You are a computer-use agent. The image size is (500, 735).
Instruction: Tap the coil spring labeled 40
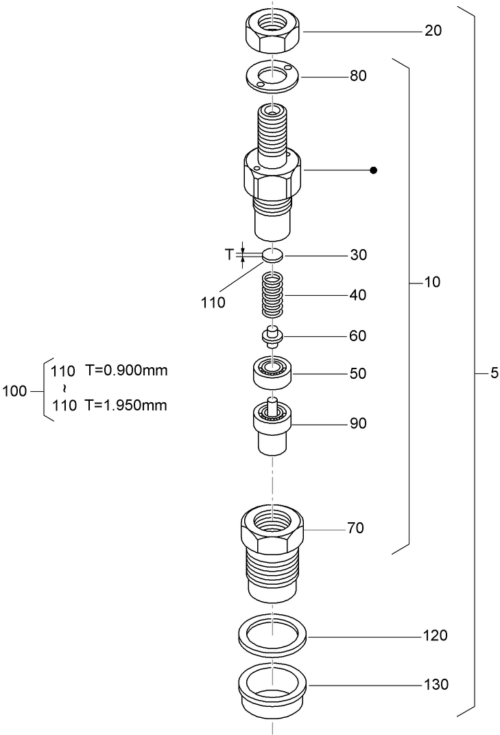[273, 294]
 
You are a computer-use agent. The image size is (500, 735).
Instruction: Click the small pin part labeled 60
[273, 336]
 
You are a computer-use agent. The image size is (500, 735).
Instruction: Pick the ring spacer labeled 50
[273, 373]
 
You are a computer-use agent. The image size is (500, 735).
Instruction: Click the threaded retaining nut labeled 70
[273, 549]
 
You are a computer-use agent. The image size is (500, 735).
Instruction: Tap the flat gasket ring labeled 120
[273, 635]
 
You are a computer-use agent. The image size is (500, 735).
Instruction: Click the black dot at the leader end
[374, 170]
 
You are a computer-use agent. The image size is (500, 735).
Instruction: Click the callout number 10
[432, 282]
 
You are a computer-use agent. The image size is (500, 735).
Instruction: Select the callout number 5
[494, 374]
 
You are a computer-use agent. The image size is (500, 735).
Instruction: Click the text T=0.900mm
[126, 371]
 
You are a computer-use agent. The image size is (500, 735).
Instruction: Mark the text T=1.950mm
[126, 405]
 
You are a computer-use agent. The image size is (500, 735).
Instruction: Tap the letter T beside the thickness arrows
[230, 255]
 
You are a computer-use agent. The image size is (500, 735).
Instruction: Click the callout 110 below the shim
[213, 303]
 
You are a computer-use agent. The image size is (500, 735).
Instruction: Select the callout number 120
[435, 635]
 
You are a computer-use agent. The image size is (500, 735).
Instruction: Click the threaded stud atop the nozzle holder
[273, 130]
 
